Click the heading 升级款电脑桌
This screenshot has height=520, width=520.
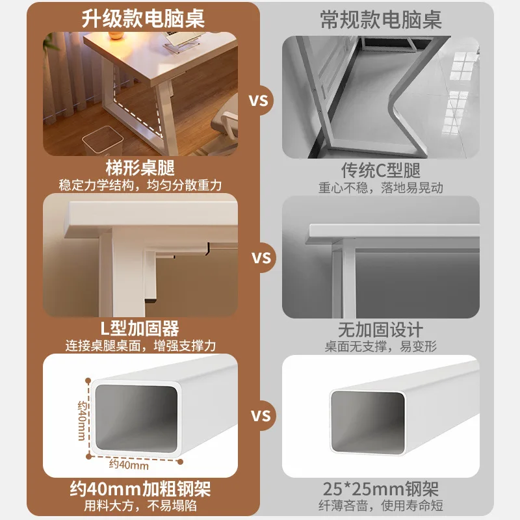point(143,19)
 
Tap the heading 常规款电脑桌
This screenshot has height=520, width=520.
point(381,20)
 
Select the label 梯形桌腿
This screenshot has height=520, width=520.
point(140,168)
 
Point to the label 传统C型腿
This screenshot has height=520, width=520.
point(381,170)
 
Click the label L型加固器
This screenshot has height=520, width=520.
point(140,328)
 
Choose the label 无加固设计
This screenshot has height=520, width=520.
point(380,330)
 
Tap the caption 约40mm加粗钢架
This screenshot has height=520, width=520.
point(140,489)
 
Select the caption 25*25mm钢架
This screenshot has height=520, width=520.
point(381,489)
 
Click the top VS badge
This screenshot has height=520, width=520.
point(258,101)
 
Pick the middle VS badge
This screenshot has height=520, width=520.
point(261,258)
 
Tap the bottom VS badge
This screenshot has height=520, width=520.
point(261,416)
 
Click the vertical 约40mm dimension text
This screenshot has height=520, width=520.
point(82,421)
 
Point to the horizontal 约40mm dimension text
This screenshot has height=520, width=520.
point(129,465)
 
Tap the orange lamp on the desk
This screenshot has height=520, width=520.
point(116,36)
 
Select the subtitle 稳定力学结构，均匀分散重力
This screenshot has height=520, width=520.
point(140,185)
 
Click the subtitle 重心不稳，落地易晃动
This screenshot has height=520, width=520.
point(381,188)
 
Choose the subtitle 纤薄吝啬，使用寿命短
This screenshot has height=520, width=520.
point(381,506)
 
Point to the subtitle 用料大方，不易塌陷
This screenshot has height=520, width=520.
point(140,506)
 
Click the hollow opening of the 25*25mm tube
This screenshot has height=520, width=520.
point(367,422)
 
